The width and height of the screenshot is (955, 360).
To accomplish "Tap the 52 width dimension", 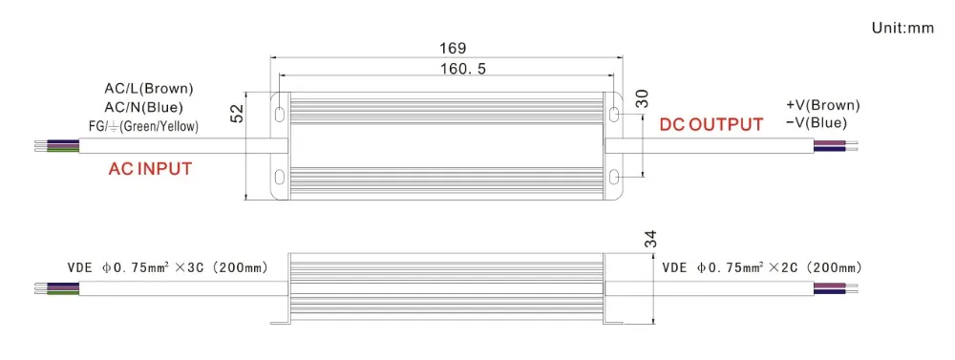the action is click(x=237, y=114).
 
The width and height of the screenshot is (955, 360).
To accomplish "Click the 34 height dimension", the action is click(x=649, y=240).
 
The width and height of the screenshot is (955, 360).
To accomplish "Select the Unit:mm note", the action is click(x=902, y=28).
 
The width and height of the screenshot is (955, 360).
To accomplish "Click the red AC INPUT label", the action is click(x=150, y=169).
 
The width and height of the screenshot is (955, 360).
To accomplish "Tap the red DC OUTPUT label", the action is click(x=711, y=125).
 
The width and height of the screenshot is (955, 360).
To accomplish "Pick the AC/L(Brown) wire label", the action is click(x=149, y=89).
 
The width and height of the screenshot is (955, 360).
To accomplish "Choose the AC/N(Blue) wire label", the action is click(x=144, y=109).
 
